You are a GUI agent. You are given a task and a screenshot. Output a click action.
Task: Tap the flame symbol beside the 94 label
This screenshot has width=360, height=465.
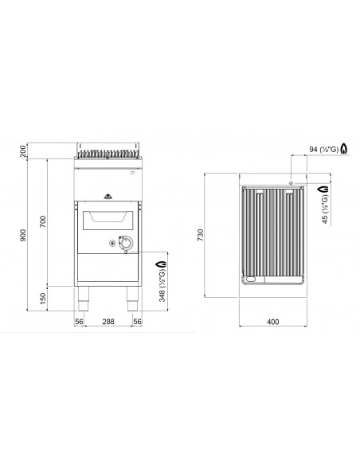click(x=343, y=149)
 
